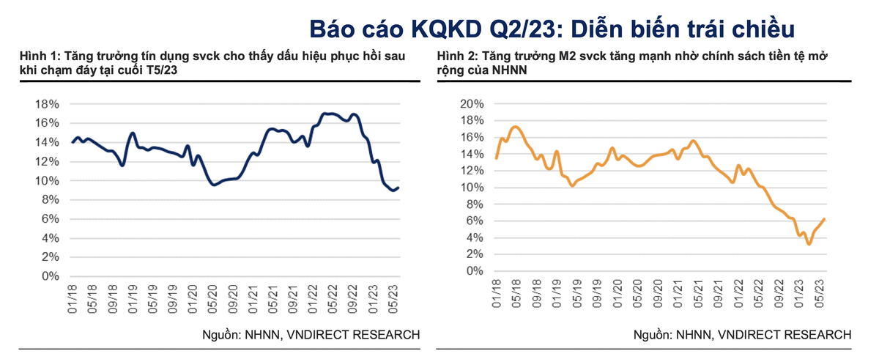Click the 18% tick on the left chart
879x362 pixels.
47,104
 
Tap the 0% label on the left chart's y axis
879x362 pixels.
50,276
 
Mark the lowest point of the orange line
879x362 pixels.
809,244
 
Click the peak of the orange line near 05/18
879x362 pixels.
515,127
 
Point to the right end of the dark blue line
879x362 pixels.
398,188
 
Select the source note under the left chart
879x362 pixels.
311,335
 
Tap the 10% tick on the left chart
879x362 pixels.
47,181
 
